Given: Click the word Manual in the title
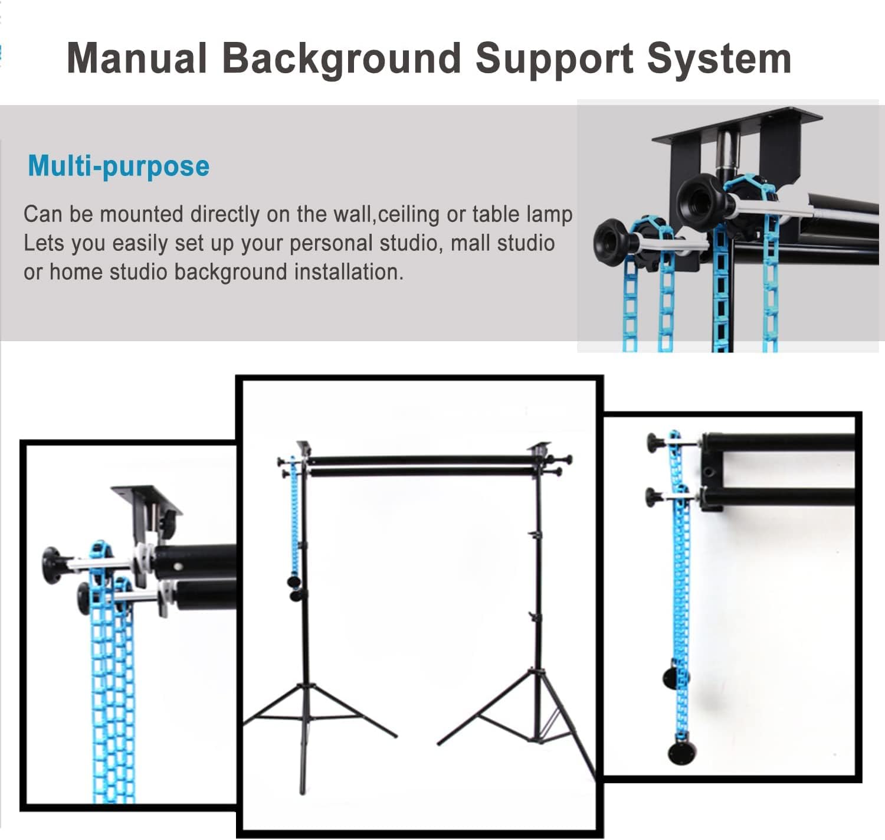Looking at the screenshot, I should (x=136, y=58).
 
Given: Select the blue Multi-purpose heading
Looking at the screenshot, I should (x=119, y=166).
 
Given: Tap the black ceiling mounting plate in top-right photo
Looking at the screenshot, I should (x=737, y=125).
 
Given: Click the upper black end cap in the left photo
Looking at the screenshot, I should (x=54, y=565).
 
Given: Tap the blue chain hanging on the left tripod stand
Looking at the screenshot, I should (x=294, y=519).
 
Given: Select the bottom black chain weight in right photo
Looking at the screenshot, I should (x=681, y=753).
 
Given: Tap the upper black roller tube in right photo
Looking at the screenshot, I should (x=779, y=443).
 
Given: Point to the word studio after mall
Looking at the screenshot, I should (x=523, y=243).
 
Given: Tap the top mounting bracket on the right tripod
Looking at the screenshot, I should (x=540, y=449).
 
